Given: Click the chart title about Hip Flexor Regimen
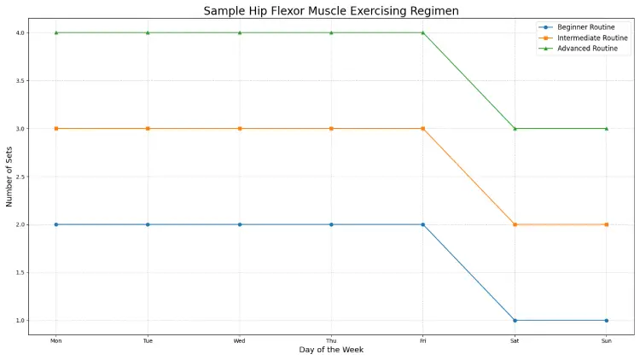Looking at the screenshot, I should click(330, 10).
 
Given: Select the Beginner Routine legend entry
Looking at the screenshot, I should click(585, 27).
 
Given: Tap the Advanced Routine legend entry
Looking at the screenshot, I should click(586, 48).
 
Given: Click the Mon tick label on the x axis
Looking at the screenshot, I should click(55, 340).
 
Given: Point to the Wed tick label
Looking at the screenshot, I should click(240, 340).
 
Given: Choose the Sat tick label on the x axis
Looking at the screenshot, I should click(515, 340).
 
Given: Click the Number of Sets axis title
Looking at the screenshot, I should click(9, 177).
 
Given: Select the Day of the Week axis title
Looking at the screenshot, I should click(330, 351).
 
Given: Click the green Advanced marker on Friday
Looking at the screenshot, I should click(423, 32).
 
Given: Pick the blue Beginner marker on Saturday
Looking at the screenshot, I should click(515, 321).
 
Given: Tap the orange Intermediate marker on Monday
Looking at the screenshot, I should click(56, 129).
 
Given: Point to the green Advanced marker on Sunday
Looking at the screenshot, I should click(606, 129).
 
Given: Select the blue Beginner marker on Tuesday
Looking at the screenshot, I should click(148, 224).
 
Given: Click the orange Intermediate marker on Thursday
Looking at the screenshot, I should click(331, 129).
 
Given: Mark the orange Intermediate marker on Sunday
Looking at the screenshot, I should click(606, 224).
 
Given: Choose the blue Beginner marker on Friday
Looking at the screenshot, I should click(423, 224).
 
